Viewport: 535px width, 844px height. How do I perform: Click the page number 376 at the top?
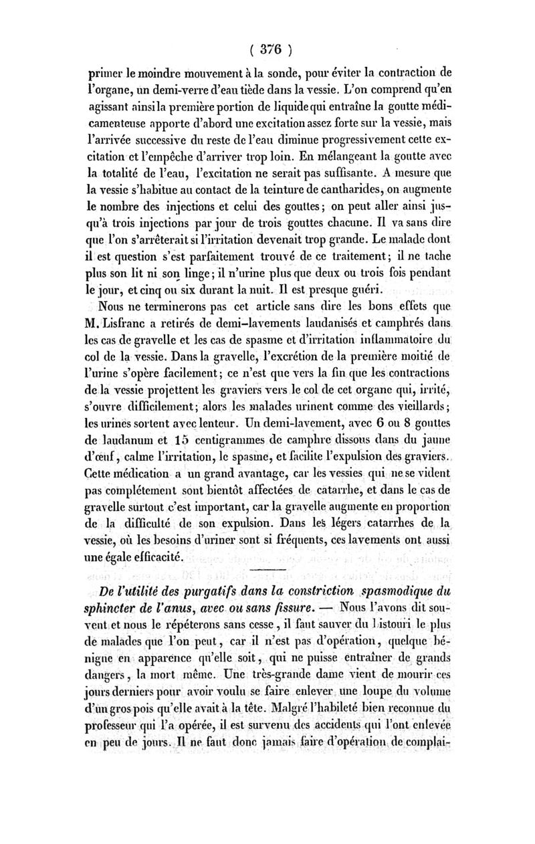pyautogui.click(x=267, y=49)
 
